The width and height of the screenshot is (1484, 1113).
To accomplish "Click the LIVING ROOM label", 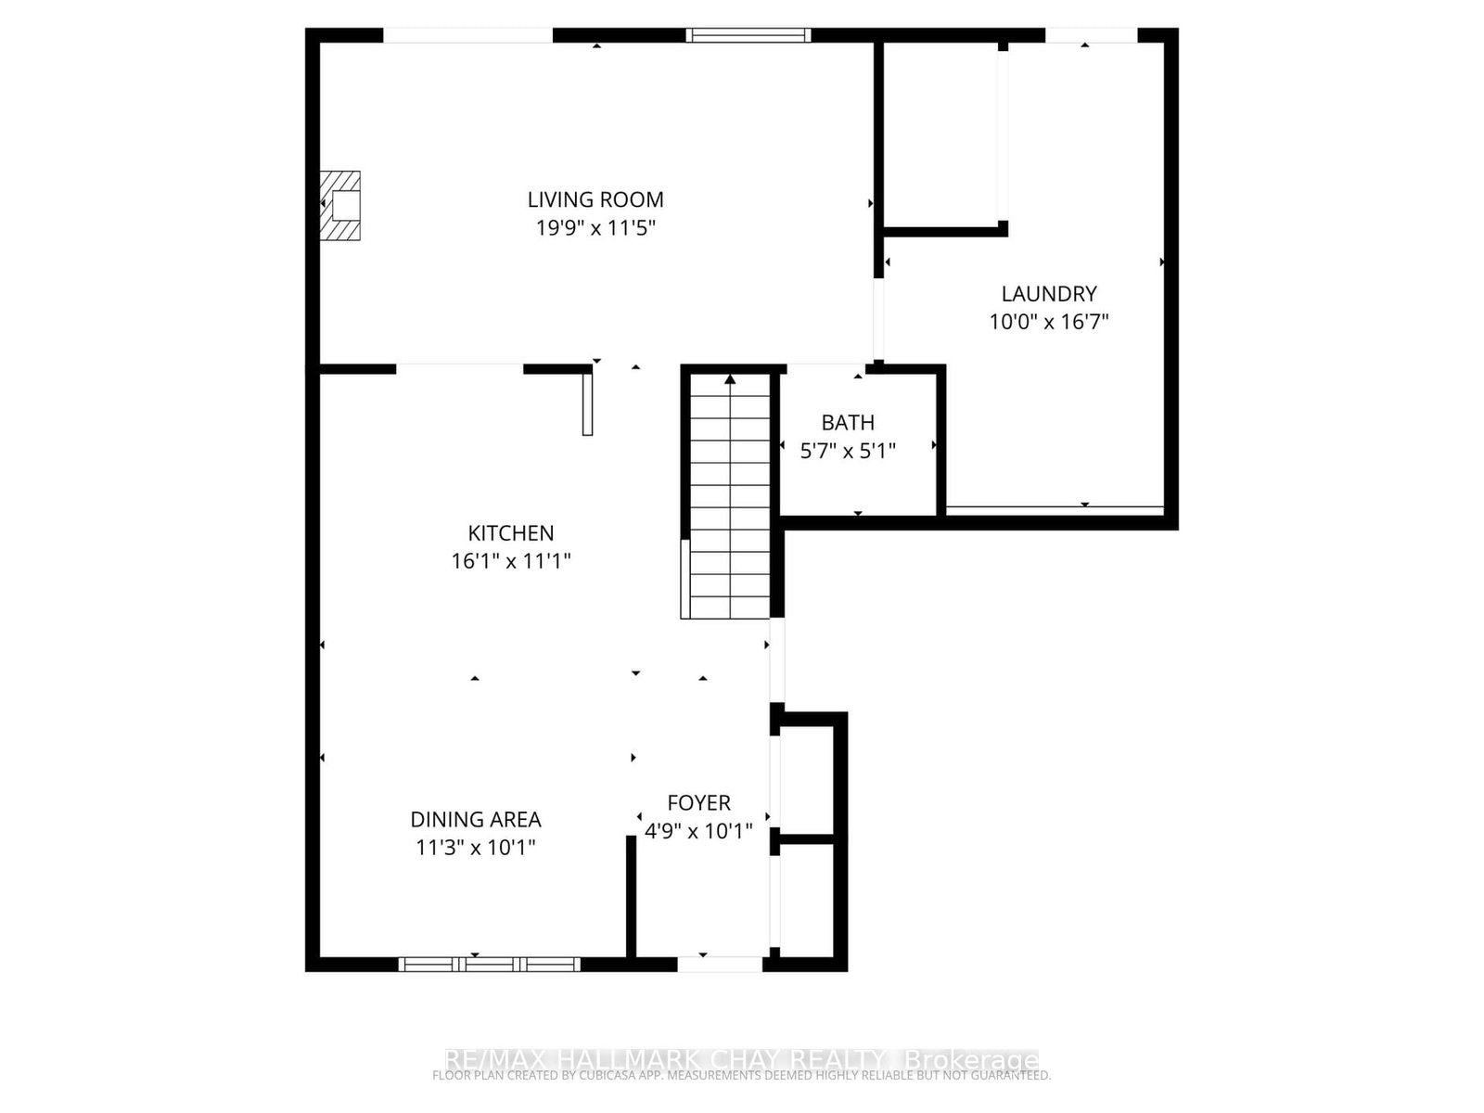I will (x=595, y=199).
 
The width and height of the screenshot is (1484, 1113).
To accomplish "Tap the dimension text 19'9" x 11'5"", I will (x=595, y=227).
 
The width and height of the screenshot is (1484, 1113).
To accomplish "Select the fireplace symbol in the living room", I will (x=340, y=205).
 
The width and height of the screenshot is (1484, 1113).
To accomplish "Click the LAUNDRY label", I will (x=1049, y=294).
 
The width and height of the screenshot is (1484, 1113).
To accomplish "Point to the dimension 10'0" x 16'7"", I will (x=1049, y=322).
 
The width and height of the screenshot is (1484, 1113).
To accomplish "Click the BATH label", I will (x=848, y=423).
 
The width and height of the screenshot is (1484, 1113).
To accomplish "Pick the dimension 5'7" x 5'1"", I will (x=848, y=451).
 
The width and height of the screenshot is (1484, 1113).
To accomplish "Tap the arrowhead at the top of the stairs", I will (x=730, y=378).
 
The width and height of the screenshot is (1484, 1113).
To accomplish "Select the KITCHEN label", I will (x=511, y=533).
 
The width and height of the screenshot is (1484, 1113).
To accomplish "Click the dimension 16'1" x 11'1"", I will (x=511, y=561).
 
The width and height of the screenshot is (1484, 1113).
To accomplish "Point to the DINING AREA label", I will (x=476, y=820).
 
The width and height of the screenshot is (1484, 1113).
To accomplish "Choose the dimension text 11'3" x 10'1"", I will (x=476, y=848).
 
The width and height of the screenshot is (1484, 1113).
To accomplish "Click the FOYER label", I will (x=699, y=803).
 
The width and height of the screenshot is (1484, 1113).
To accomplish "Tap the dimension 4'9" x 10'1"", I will (x=699, y=830).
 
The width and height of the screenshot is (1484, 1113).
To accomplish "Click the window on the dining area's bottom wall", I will (x=490, y=965).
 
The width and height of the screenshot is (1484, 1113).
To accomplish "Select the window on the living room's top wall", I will (x=748, y=35).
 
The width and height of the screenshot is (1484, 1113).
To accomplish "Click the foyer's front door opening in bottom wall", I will (x=720, y=965).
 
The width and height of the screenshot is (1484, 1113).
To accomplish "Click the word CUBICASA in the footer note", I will (x=623, y=1076).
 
